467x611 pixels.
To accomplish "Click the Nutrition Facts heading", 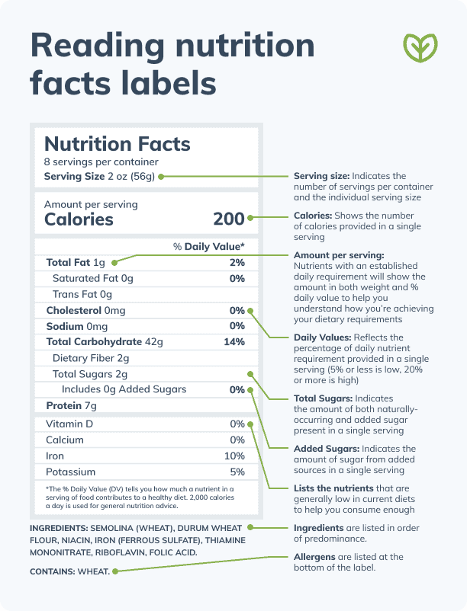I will [x=118, y=143].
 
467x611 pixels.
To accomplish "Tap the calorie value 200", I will [x=228, y=219].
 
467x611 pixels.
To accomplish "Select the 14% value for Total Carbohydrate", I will [x=234, y=342].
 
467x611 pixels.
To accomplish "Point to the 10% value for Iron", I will [x=234, y=456].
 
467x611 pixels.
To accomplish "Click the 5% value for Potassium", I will [x=237, y=472].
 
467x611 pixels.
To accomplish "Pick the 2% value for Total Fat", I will [x=237, y=262].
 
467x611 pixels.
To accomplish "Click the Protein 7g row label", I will [x=71, y=405].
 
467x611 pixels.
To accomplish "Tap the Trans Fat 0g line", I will [x=82, y=294].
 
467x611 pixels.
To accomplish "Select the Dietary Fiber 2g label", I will [x=90, y=358].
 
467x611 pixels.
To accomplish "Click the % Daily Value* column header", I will [x=208, y=246].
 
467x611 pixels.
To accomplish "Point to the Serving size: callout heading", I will [x=321, y=177].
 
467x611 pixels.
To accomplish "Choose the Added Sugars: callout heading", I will [x=327, y=449].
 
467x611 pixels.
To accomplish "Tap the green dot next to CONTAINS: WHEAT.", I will [x=115, y=571].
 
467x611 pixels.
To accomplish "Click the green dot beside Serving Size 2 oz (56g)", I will [x=161, y=177].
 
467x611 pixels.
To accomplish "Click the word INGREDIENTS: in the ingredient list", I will [x=58, y=528].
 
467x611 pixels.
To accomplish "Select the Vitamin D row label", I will [x=69, y=424].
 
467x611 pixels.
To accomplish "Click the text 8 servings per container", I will [x=101, y=162].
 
